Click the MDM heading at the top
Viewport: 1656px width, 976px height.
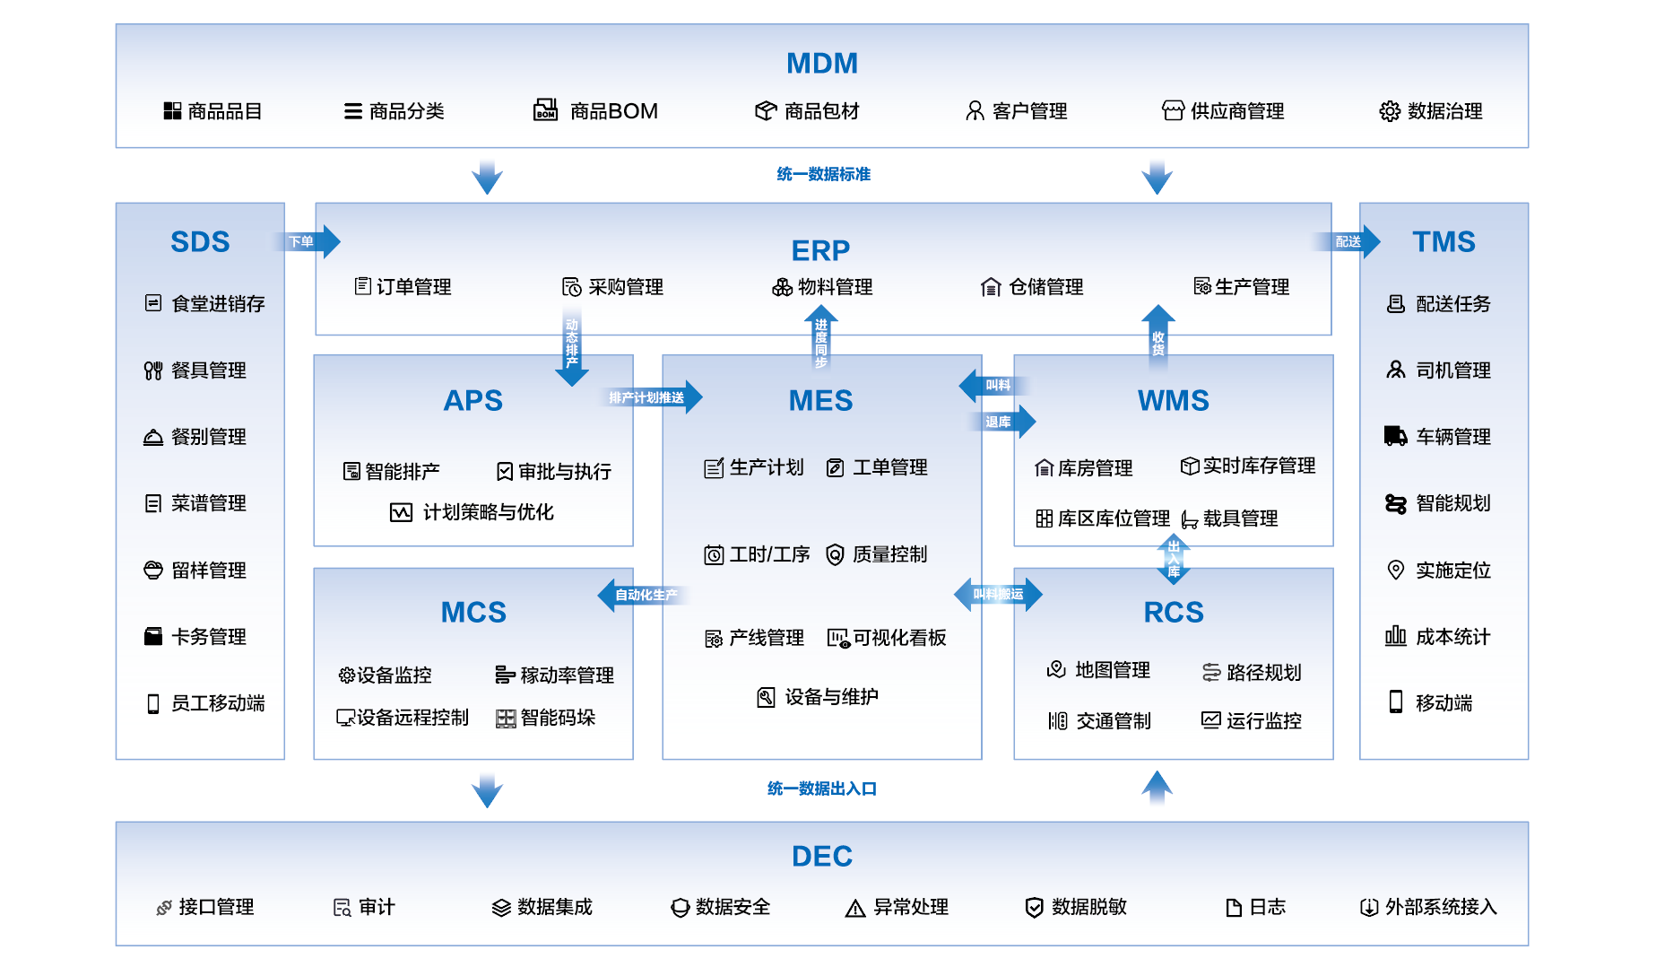point(821,64)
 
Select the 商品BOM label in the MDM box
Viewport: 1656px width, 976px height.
point(613,111)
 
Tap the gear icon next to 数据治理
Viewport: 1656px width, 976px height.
point(1389,111)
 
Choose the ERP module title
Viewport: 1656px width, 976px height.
point(819,250)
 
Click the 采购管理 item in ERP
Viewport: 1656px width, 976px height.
point(625,287)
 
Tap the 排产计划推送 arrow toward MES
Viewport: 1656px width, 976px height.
point(651,397)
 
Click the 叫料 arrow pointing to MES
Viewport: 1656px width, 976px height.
point(993,386)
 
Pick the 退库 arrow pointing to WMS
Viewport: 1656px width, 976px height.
point(1002,422)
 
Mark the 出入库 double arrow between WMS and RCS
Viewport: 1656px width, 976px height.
point(1173,559)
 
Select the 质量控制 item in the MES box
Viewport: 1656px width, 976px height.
point(889,554)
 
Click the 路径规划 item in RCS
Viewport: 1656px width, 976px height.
point(1262,673)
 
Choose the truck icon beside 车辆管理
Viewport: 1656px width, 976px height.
point(1395,437)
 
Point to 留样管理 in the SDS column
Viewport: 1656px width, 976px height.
point(208,571)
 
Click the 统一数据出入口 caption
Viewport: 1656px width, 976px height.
point(821,789)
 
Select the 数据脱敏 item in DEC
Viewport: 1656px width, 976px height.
point(1088,907)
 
